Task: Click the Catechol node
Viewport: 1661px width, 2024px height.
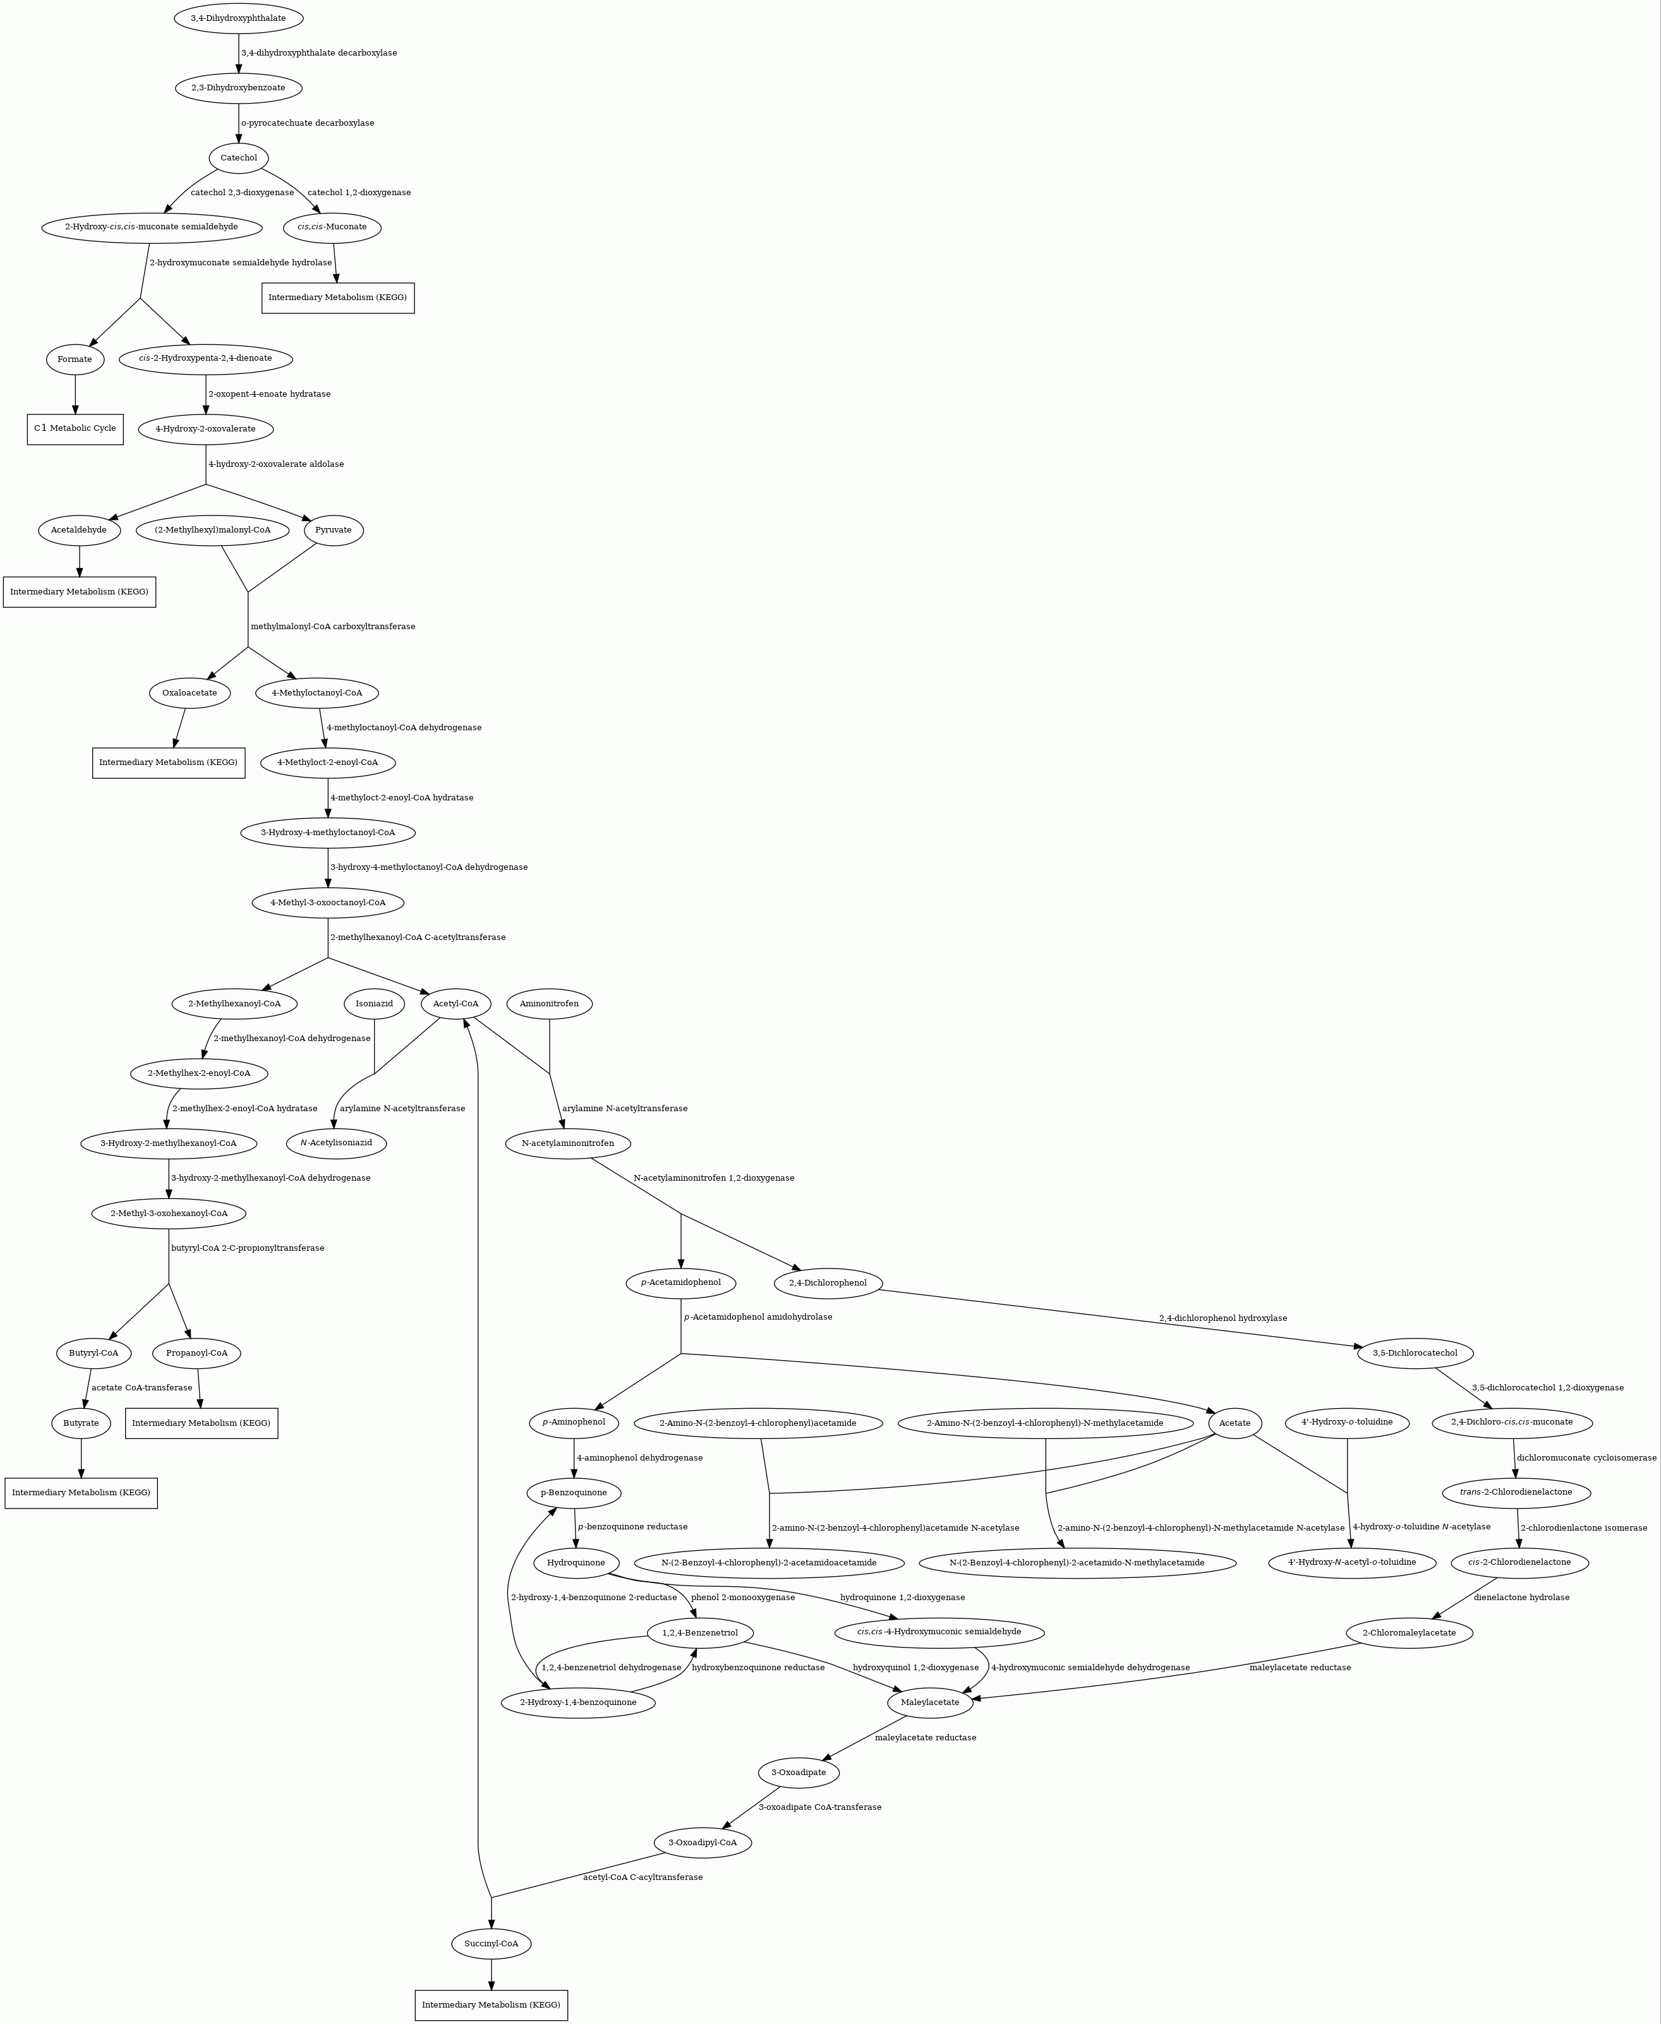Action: (x=238, y=158)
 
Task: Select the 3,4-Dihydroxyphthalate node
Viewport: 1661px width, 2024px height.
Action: (x=238, y=18)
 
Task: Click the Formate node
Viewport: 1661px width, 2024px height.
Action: (x=75, y=359)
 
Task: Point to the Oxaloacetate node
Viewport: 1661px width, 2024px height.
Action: (x=190, y=692)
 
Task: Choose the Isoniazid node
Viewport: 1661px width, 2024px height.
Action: (x=374, y=1003)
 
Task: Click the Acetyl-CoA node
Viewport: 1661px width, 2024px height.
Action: (x=456, y=1003)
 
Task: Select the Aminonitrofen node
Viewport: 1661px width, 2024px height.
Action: (x=549, y=1003)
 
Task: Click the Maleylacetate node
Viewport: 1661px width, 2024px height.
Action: (x=930, y=1702)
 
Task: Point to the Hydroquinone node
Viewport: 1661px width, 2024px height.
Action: (x=576, y=1563)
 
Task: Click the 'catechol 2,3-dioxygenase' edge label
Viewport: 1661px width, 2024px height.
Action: (x=242, y=192)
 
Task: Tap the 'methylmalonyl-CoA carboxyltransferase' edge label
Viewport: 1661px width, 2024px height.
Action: (x=333, y=627)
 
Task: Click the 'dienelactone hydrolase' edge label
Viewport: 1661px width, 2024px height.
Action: (x=1521, y=1598)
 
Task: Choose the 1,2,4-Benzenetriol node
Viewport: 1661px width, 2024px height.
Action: (x=701, y=1633)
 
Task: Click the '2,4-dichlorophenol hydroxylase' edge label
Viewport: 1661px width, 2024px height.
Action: (x=1223, y=1318)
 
